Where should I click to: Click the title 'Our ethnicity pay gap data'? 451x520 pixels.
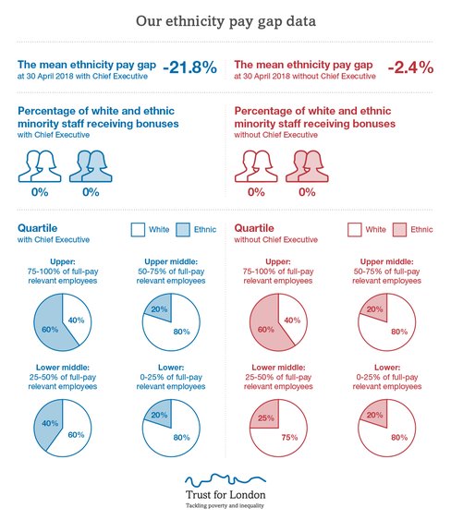click(x=225, y=19)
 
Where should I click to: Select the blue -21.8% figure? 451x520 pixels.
click(x=190, y=67)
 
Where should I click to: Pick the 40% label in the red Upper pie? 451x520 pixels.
click(x=293, y=320)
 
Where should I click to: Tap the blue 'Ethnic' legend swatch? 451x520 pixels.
click(x=182, y=230)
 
